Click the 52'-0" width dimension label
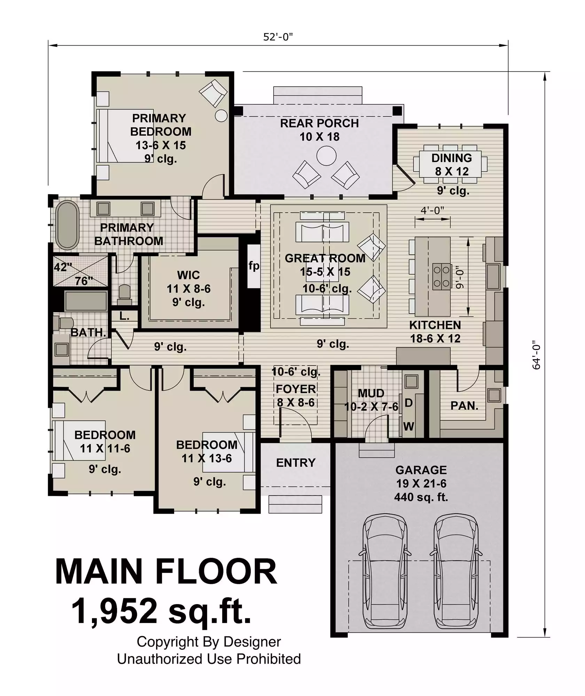tap(278, 37)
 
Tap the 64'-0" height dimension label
tap(537, 355)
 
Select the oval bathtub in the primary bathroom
tap(67, 225)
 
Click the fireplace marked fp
tap(254, 266)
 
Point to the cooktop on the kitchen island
tap(441, 277)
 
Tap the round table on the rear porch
tap(326, 156)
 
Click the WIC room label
tap(188, 275)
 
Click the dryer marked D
tap(408, 403)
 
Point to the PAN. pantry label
tap(464, 406)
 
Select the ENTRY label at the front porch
tap(296, 463)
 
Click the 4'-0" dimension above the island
tap(432, 210)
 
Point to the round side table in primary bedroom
tap(221, 116)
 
